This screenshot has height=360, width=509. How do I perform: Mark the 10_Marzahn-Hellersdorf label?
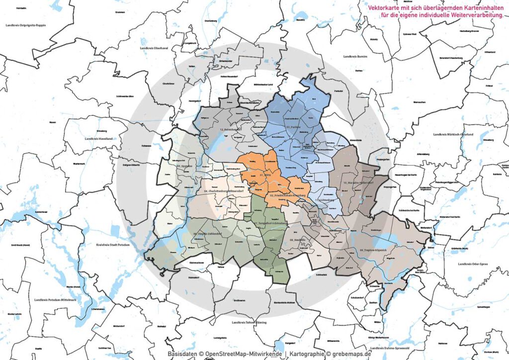pos(359,183)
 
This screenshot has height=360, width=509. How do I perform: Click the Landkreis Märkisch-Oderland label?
pos(453,134)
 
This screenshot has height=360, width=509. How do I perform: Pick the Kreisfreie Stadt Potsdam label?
pos(113,245)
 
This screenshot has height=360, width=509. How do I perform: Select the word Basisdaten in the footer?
pos(182,354)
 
